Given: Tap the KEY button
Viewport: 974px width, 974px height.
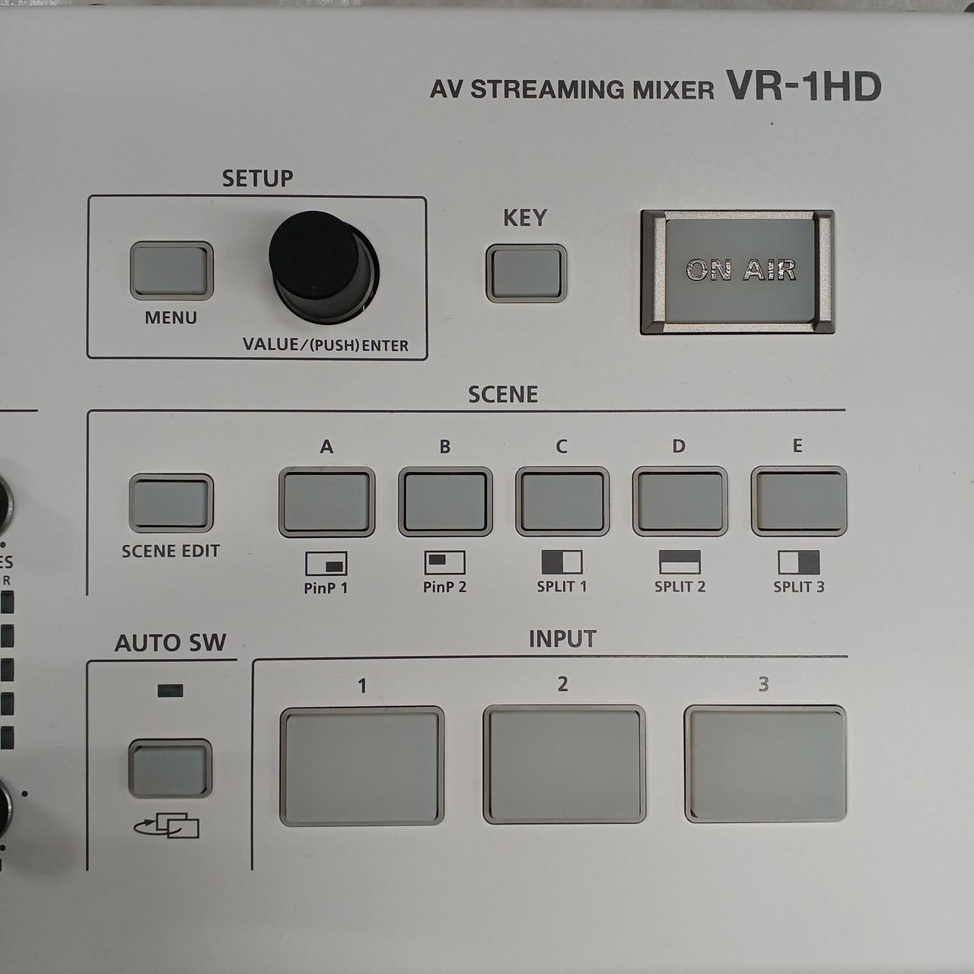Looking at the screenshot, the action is (x=526, y=273).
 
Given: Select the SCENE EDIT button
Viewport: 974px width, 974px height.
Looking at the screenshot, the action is (x=171, y=503).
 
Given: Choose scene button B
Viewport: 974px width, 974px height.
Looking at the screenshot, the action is (x=445, y=501).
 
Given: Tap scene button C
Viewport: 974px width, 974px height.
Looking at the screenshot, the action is (x=562, y=501).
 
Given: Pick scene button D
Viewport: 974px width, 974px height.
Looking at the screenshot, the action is (x=680, y=501).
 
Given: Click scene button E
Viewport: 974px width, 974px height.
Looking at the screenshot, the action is (x=799, y=501).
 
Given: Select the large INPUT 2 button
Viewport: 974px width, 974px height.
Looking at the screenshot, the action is (x=564, y=765).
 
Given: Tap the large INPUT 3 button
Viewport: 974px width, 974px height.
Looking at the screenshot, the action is (x=766, y=765).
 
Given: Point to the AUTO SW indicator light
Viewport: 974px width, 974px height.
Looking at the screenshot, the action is (x=170, y=690).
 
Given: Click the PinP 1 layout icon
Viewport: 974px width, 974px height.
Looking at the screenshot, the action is (x=326, y=563).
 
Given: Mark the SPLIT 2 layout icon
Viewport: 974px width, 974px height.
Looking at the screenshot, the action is (x=680, y=562).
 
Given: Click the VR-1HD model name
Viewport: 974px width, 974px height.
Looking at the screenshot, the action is (x=804, y=87).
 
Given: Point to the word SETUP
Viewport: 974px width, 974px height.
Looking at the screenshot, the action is (x=257, y=178).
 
